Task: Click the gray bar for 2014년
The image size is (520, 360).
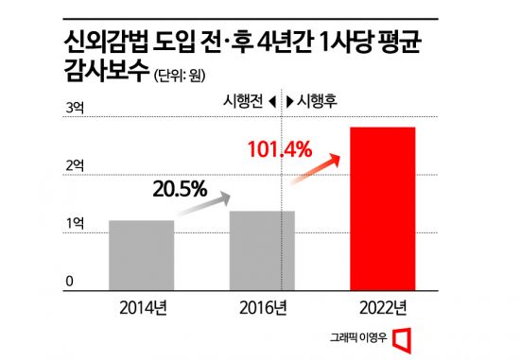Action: [x=142, y=253]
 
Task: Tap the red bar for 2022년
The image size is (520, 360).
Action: [x=383, y=207]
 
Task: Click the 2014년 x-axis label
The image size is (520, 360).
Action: [x=142, y=308]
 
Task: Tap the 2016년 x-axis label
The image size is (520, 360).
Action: [x=263, y=308]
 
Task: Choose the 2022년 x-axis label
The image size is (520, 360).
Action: [x=383, y=308]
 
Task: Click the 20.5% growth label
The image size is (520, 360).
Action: [x=180, y=189]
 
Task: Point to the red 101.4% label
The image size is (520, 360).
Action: [x=279, y=149]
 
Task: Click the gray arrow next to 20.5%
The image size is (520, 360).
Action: [x=218, y=200]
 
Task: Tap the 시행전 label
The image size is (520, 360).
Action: [x=243, y=100]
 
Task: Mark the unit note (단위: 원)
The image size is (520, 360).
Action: [x=180, y=75]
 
